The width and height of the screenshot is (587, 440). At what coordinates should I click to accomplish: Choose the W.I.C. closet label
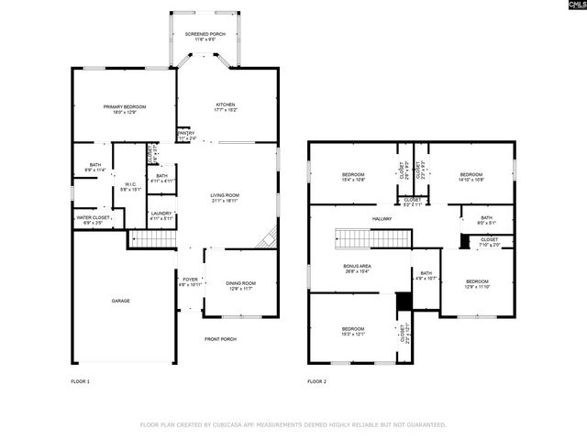130,186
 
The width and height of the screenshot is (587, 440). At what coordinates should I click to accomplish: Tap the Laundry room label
161,215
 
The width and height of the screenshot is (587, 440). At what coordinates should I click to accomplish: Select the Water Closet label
94,219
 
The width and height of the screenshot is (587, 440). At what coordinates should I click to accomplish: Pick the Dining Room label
240,285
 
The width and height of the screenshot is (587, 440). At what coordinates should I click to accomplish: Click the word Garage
120,301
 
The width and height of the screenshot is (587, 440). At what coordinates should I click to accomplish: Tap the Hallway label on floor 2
382,218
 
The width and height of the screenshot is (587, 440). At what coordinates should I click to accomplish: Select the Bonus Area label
358,268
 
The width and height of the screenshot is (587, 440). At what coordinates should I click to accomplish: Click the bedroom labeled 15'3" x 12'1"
353,331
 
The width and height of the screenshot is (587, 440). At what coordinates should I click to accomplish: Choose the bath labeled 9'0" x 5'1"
486,220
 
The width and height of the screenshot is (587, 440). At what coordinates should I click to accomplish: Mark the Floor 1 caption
81,380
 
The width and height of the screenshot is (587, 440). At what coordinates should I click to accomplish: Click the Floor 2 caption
316,380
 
